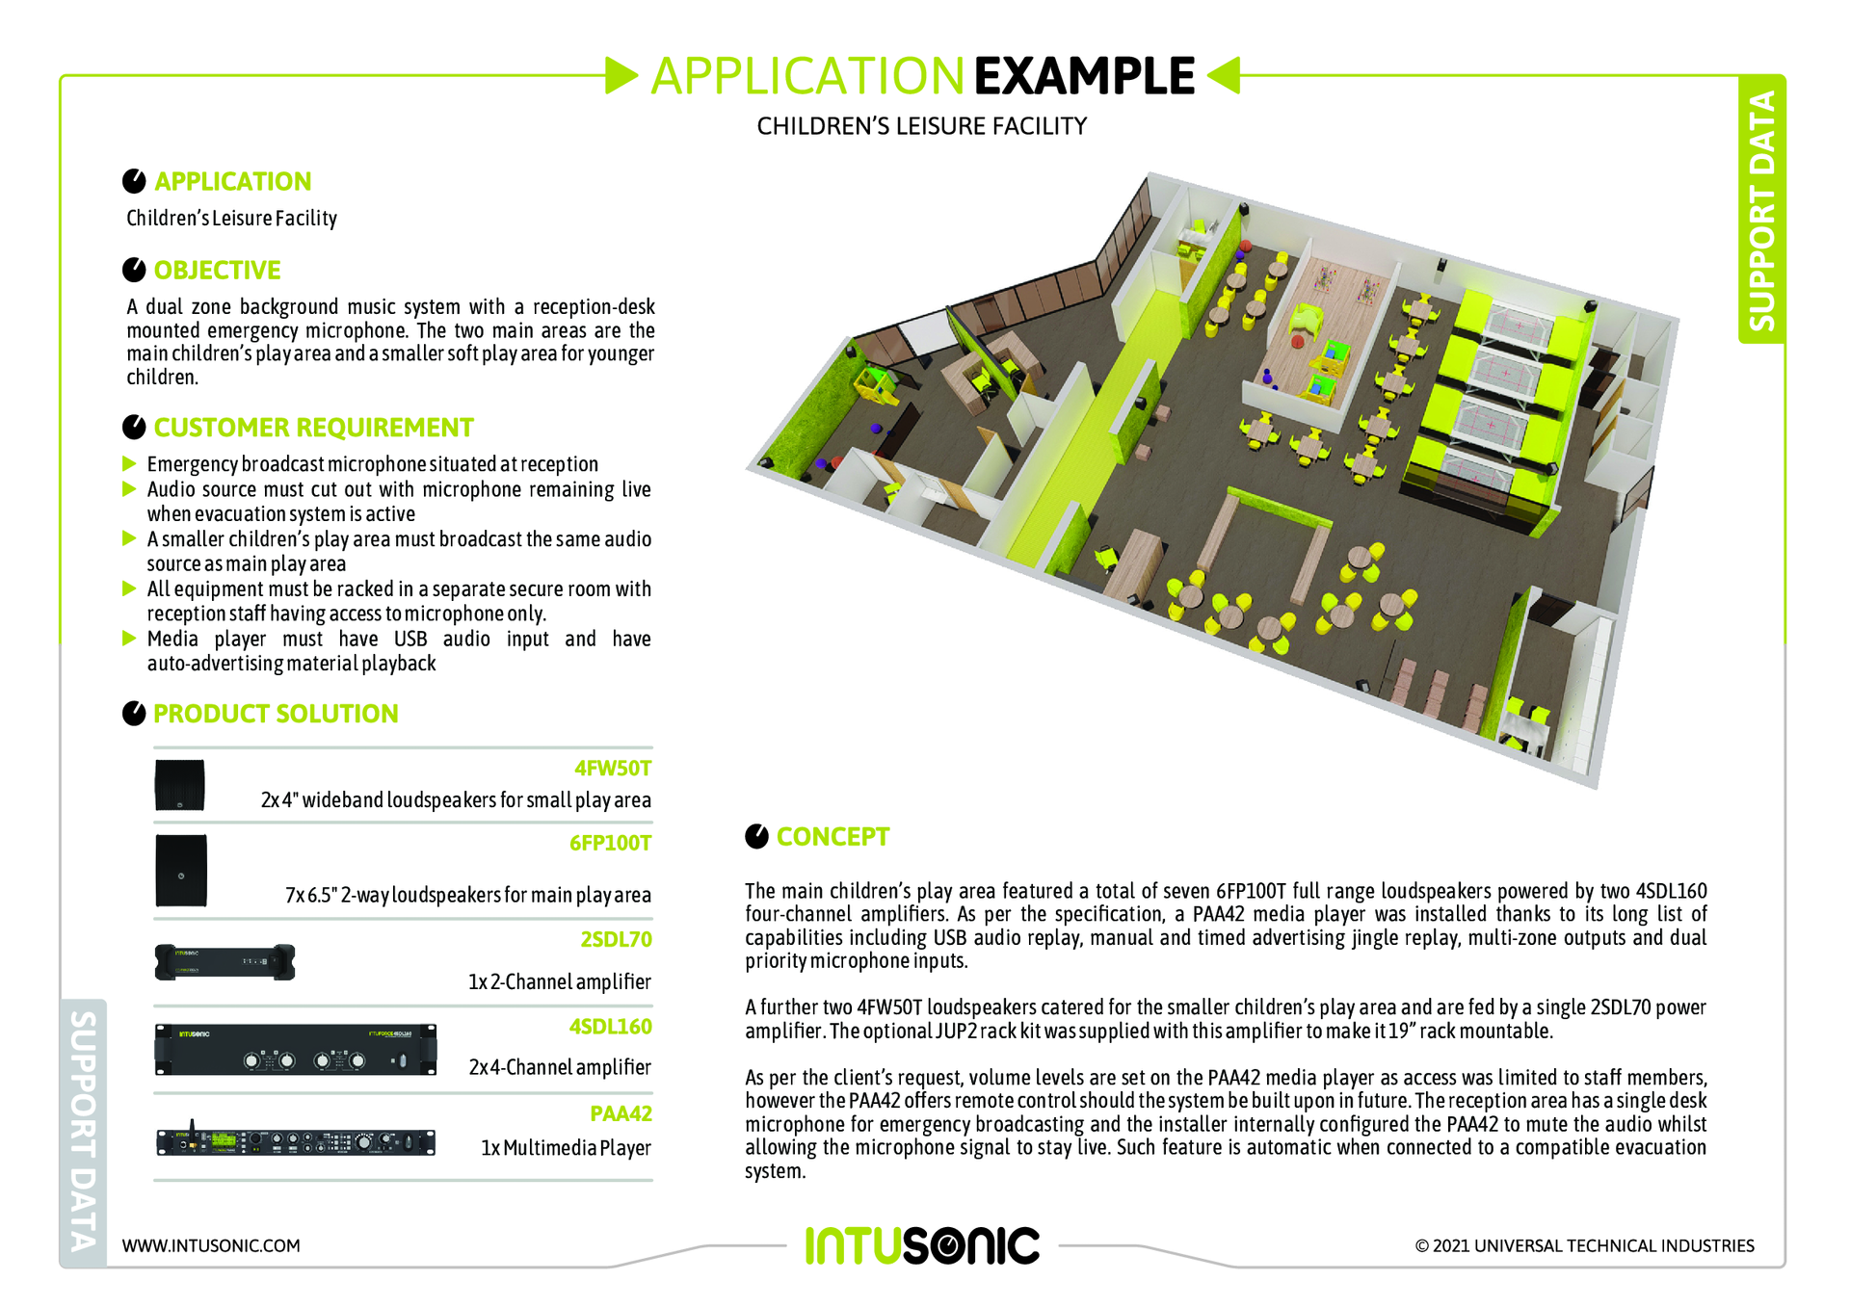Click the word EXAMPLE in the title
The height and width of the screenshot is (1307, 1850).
(1084, 76)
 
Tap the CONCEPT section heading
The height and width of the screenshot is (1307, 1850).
(832, 836)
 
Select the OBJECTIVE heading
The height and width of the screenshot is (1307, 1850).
(217, 270)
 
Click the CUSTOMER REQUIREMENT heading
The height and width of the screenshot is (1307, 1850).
(313, 427)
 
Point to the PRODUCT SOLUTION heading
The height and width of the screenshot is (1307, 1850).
(276, 713)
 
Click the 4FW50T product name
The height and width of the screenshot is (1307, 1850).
(613, 768)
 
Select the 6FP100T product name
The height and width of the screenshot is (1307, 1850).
(610, 843)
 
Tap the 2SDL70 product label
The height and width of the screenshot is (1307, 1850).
(616, 939)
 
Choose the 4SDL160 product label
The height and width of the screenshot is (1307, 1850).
(610, 1026)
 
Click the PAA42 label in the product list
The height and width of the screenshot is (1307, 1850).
(621, 1113)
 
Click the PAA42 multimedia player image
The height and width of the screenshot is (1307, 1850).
(296, 1141)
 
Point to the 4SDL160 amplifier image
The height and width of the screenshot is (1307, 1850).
(296, 1050)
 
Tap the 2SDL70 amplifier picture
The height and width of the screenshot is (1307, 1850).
(225, 962)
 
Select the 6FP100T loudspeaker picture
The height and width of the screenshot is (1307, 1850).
(181, 871)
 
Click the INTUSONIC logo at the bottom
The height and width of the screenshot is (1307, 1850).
(922, 1245)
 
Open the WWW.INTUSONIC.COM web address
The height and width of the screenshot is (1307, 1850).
(211, 1245)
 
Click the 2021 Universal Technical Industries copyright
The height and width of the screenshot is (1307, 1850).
(1584, 1245)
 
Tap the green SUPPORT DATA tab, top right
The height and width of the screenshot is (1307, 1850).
(1761, 209)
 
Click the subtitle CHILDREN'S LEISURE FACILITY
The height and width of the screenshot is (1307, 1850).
(921, 126)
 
